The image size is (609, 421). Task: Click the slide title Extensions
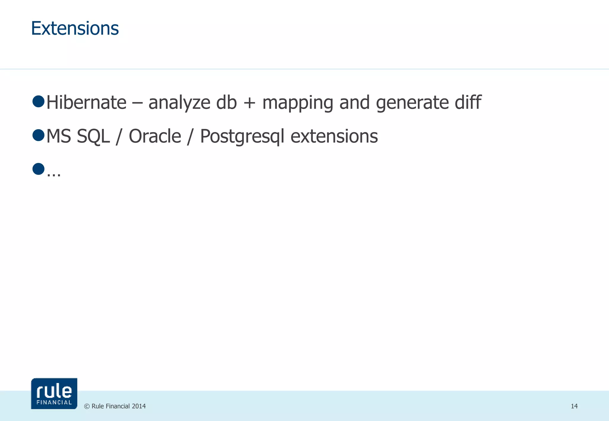(75, 29)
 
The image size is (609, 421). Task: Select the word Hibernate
(87, 102)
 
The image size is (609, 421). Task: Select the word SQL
(93, 137)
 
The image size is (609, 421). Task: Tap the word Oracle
(155, 136)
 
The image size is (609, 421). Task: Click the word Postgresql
(242, 137)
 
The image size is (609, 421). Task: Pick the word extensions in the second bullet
(334, 136)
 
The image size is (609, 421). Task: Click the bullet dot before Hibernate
(38, 101)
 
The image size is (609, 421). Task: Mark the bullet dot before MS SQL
(38, 135)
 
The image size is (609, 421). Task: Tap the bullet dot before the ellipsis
(38, 169)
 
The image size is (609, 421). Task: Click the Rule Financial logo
(54, 393)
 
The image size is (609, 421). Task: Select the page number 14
(574, 406)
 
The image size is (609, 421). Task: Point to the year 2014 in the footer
(139, 406)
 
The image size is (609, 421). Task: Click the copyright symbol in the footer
(87, 406)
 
